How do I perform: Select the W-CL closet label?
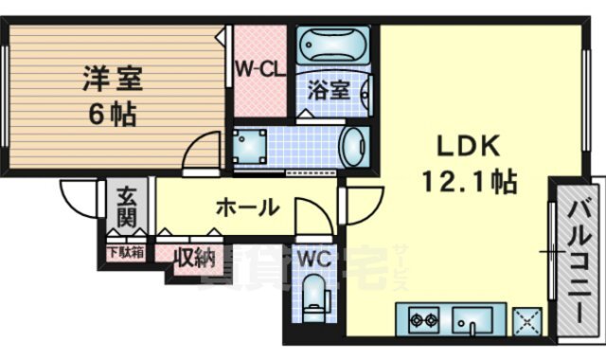click(258, 68)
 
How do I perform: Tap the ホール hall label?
click(247, 206)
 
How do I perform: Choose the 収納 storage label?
click(193, 258)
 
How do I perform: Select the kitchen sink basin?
click(474, 320)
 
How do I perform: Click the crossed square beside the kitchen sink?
click(526, 320)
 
